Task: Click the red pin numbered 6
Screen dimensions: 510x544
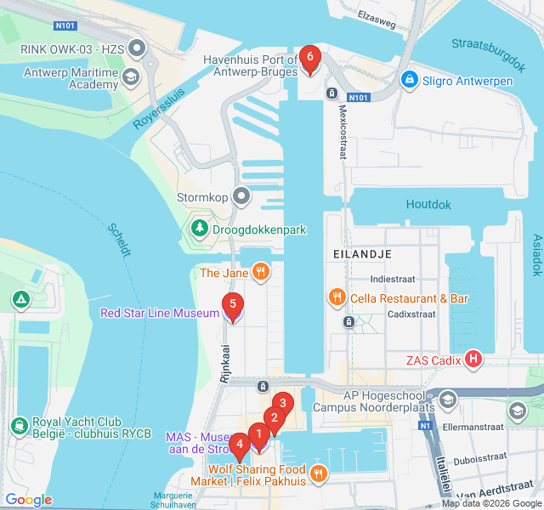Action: [309, 59]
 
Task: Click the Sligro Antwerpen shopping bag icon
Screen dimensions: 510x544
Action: [410, 80]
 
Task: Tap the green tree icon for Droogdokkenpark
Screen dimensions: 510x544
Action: [199, 228]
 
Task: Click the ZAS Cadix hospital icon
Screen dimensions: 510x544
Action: [473, 360]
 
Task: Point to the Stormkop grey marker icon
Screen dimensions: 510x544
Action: [241, 197]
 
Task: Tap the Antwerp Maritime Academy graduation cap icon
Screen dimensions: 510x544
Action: [130, 78]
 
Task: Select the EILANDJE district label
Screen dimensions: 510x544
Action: [361, 254]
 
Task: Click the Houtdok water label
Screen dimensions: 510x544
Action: [428, 205]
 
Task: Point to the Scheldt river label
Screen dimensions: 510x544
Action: [120, 239]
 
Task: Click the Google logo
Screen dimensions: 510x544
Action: [28, 500]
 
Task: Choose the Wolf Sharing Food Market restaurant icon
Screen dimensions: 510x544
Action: [318, 474]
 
